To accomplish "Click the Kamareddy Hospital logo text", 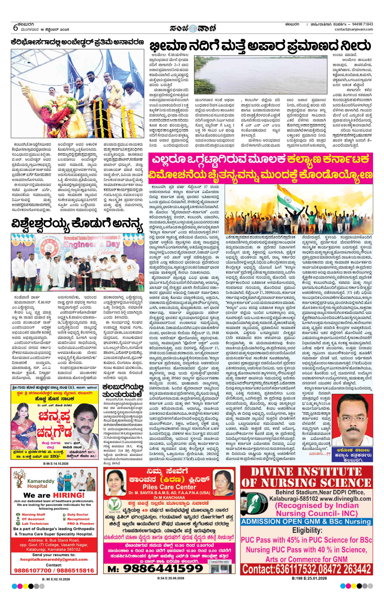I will tap(41, 483).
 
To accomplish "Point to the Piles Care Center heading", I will tap(169, 487).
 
